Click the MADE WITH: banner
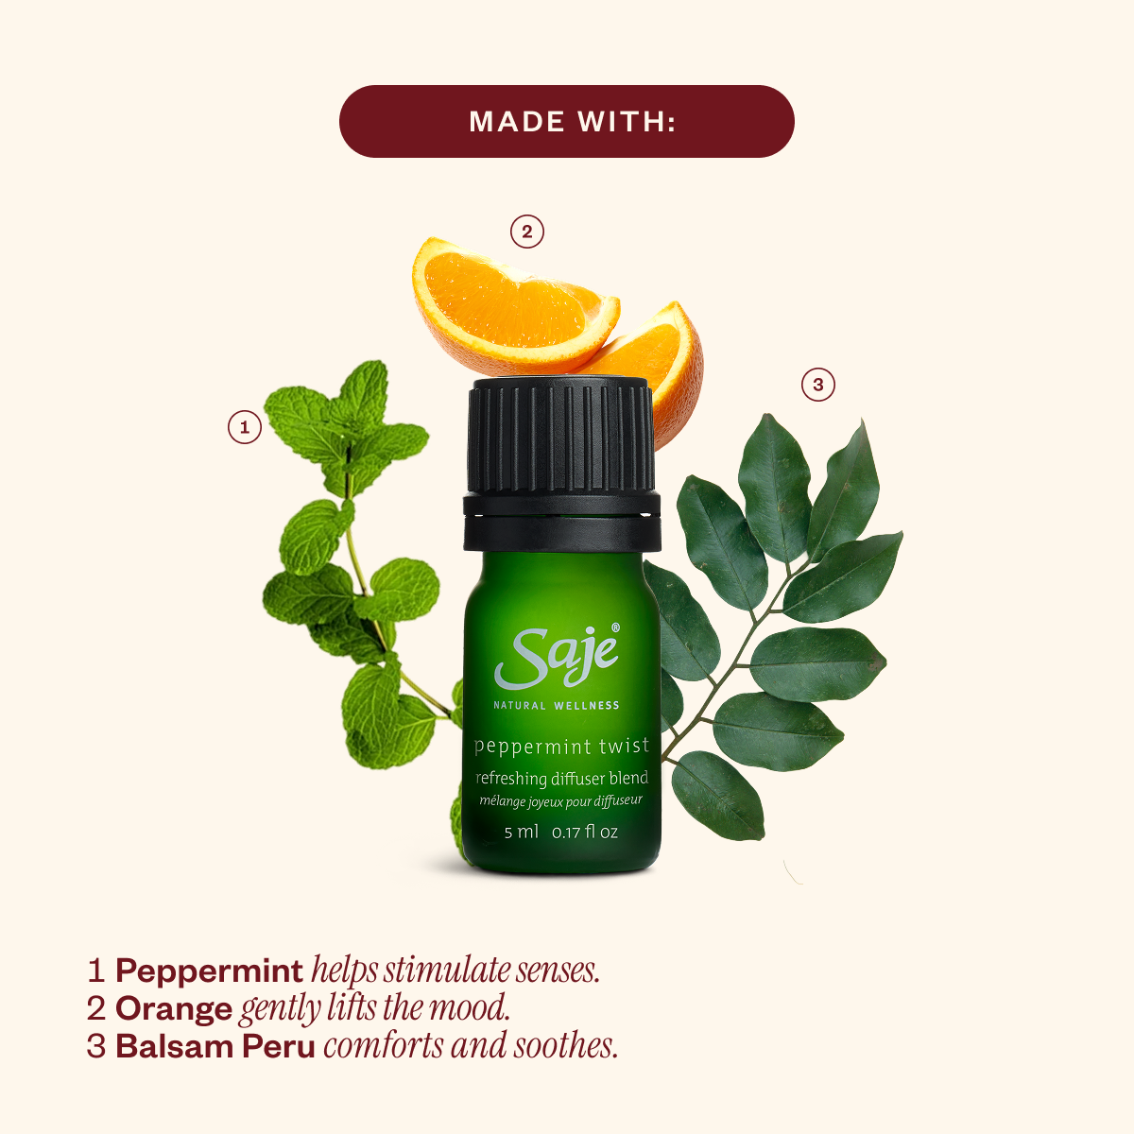click(567, 121)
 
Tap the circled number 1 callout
click(245, 427)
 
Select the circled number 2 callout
click(527, 232)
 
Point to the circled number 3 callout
click(818, 385)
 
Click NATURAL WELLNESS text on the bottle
click(557, 705)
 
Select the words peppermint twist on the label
click(561, 747)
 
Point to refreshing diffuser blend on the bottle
click(561, 779)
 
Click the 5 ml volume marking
click(521, 833)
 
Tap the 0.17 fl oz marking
click(585, 833)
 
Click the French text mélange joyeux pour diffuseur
click(560, 801)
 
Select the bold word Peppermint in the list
click(209, 971)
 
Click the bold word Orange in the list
click(174, 1008)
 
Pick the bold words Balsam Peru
click(215, 1046)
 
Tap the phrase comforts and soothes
click(471, 1046)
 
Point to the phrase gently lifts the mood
click(375, 1008)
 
